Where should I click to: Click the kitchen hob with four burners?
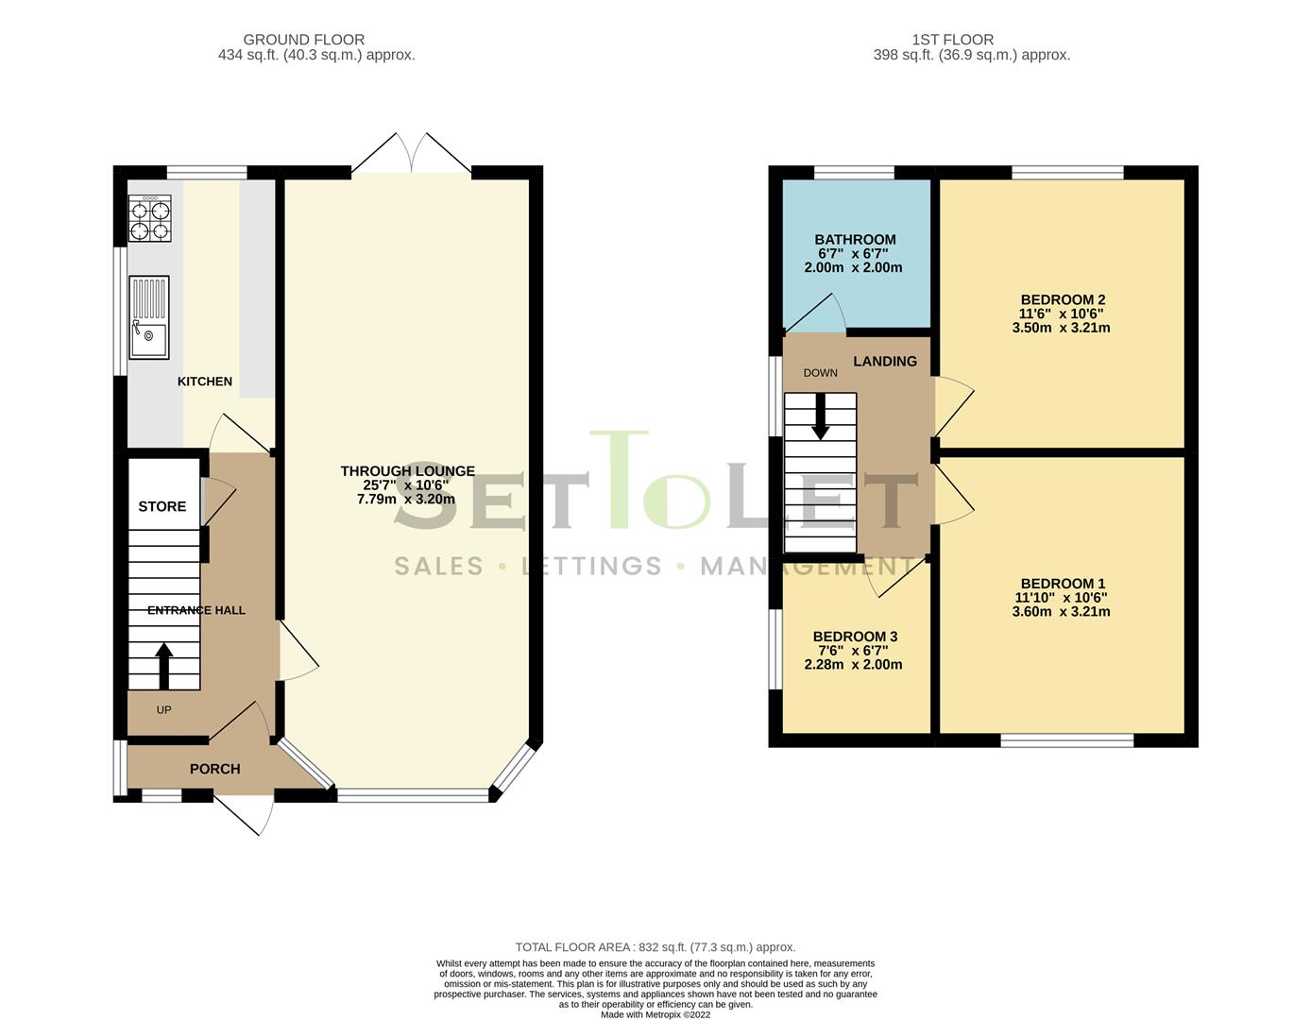pyautogui.click(x=149, y=218)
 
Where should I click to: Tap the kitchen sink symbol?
pyautogui.click(x=149, y=317)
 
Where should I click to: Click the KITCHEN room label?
pyautogui.click(x=205, y=382)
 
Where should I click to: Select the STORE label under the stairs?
pyautogui.click(x=162, y=506)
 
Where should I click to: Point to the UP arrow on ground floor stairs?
pyautogui.click(x=164, y=665)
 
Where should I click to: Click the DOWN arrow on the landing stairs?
pyautogui.click(x=820, y=416)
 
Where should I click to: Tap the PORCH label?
pyautogui.click(x=215, y=769)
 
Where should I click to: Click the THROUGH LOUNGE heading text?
pyautogui.click(x=407, y=470)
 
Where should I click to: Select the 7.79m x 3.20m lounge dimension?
pyautogui.click(x=406, y=499)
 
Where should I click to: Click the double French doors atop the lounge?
pyautogui.click(x=411, y=154)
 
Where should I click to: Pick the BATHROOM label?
pyautogui.click(x=855, y=240)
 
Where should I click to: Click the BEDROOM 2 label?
pyautogui.click(x=1063, y=300)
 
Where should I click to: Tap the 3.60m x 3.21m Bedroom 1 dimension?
pyautogui.click(x=1061, y=611)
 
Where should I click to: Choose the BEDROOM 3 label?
pyautogui.click(x=855, y=637)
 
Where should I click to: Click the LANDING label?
pyautogui.click(x=885, y=361)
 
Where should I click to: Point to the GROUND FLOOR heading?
pyautogui.click(x=304, y=40)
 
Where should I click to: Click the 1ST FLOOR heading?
pyautogui.click(x=952, y=40)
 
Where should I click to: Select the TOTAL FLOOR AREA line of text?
pyautogui.click(x=655, y=946)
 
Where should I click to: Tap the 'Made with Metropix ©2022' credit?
pyautogui.click(x=655, y=1014)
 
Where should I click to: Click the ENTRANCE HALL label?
pyautogui.click(x=196, y=610)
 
